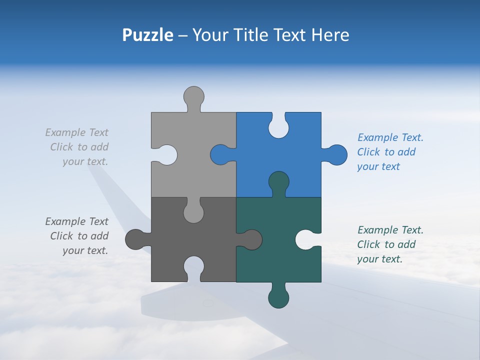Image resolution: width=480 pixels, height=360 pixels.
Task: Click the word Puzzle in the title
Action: click(147, 35)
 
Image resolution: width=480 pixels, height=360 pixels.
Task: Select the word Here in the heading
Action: click(330, 35)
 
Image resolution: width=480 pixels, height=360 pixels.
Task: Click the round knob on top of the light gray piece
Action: click(194, 96)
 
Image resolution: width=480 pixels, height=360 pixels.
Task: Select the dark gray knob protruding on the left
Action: click(134, 239)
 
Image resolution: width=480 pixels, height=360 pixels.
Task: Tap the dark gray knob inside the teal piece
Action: click(251, 239)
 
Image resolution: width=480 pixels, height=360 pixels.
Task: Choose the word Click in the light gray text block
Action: click(61, 147)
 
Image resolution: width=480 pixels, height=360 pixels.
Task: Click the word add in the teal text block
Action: click(407, 244)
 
